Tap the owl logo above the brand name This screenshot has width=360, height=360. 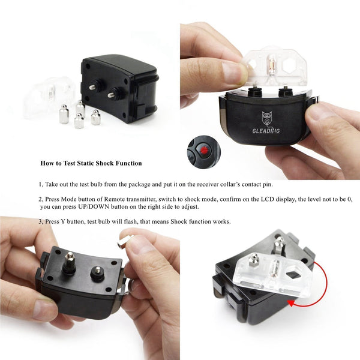click(x=267, y=118)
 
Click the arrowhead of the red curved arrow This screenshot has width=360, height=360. click(x=292, y=304)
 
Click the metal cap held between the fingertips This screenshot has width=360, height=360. click(x=125, y=240)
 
